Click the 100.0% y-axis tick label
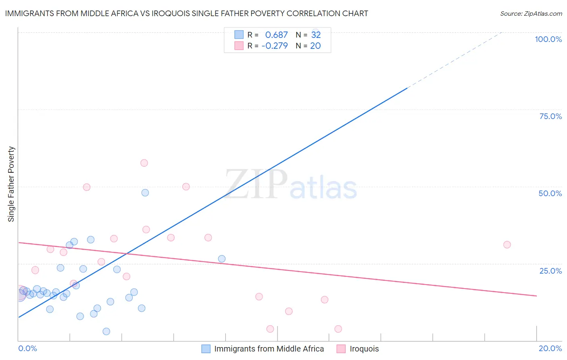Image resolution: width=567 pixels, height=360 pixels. [x=548, y=39]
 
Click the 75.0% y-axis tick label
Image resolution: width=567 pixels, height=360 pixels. [x=550, y=116]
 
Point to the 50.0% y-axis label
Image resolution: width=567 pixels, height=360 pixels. [x=550, y=193]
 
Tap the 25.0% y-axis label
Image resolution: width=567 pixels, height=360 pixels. [x=550, y=271]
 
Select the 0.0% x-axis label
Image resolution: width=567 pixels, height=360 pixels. [x=27, y=348]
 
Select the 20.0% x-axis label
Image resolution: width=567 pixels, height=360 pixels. [x=550, y=348]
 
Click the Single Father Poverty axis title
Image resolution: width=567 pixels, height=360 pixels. [x=11, y=184]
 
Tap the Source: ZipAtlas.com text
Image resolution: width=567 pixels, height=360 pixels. [x=531, y=14]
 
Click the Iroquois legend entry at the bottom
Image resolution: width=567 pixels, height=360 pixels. [x=364, y=349]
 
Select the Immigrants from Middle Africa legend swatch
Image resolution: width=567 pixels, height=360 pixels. [x=206, y=349]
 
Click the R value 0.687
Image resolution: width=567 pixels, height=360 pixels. [x=276, y=35]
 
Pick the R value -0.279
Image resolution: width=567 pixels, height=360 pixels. [x=275, y=46]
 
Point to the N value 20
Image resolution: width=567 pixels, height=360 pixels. [x=315, y=46]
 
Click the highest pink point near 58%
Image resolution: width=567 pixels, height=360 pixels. [x=144, y=163]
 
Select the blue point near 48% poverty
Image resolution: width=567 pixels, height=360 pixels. [x=145, y=193]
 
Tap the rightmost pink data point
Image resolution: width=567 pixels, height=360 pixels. [x=507, y=245]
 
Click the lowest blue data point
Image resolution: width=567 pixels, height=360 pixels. [x=106, y=331]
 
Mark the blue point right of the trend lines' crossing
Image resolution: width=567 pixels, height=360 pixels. [x=222, y=259]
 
